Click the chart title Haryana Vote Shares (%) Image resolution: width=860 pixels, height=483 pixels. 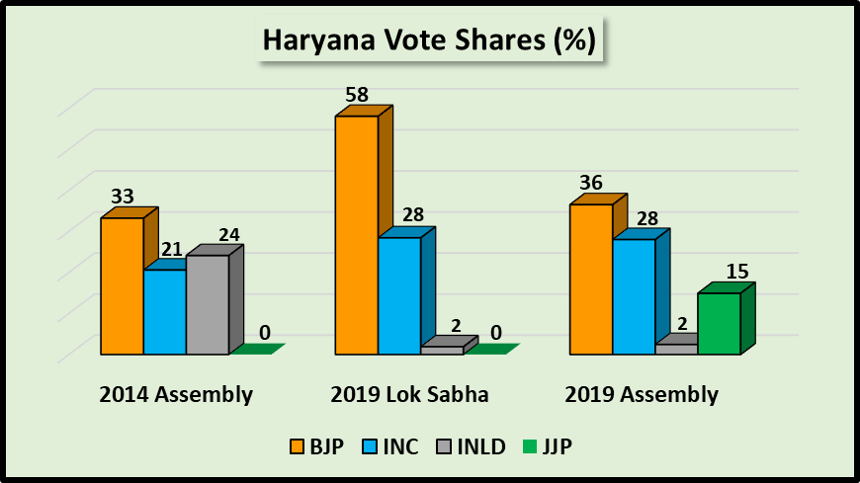[428, 40]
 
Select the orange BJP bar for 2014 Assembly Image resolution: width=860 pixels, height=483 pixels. [123, 285]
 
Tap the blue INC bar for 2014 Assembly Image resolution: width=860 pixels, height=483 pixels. [165, 311]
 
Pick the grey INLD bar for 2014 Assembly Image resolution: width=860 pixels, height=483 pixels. [208, 304]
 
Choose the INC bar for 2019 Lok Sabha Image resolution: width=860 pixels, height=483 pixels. [399, 295]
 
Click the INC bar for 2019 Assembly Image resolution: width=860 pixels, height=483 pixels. [634, 296]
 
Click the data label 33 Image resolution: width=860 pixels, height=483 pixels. [123, 196]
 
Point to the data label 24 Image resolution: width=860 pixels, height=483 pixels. [228, 234]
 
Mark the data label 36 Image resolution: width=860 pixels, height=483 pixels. [590, 183]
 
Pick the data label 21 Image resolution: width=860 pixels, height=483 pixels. [171, 249]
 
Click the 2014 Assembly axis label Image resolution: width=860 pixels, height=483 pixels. [176, 395]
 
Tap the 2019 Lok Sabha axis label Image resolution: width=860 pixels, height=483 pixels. [409, 395]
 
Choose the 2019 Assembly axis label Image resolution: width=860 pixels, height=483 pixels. [642, 395]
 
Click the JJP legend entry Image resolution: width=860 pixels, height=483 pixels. [549, 446]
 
